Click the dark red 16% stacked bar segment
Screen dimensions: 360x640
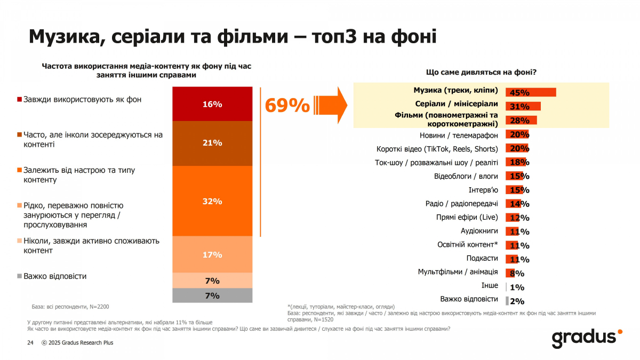click(212, 105)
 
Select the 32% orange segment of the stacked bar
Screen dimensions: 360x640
click(212, 201)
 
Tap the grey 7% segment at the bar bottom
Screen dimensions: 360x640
click(212, 295)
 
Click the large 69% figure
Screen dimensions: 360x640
click(287, 106)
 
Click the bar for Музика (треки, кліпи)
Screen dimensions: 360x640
click(531, 92)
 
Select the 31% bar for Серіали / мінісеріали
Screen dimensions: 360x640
click(523, 106)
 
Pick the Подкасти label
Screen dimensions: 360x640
click(482, 259)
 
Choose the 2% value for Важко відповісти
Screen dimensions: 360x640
click(517, 301)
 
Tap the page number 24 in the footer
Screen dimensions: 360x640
click(30, 342)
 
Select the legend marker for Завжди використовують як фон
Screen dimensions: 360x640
click(20, 100)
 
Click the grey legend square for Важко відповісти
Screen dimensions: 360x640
click(20, 276)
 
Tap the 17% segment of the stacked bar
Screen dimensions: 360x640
click(212, 254)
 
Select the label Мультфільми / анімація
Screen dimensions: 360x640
click(458, 272)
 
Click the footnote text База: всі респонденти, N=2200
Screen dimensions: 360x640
click(70, 307)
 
